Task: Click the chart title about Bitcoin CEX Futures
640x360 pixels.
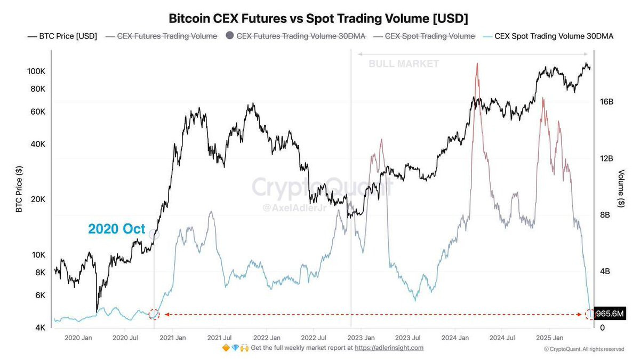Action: (318, 19)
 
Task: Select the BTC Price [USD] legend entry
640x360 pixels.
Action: (62, 36)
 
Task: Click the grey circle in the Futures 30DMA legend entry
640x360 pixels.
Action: (230, 36)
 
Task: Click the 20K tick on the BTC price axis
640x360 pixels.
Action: (37, 199)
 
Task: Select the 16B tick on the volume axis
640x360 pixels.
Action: (607, 101)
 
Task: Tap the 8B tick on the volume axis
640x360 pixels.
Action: (605, 214)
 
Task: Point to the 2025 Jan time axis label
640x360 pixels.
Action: (550, 338)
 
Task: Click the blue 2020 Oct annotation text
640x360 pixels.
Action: (116, 229)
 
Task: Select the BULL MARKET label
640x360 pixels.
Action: (404, 64)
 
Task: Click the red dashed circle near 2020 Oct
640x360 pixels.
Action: (154, 314)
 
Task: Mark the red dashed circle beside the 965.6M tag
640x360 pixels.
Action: (590, 314)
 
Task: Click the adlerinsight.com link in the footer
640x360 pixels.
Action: (389, 348)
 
